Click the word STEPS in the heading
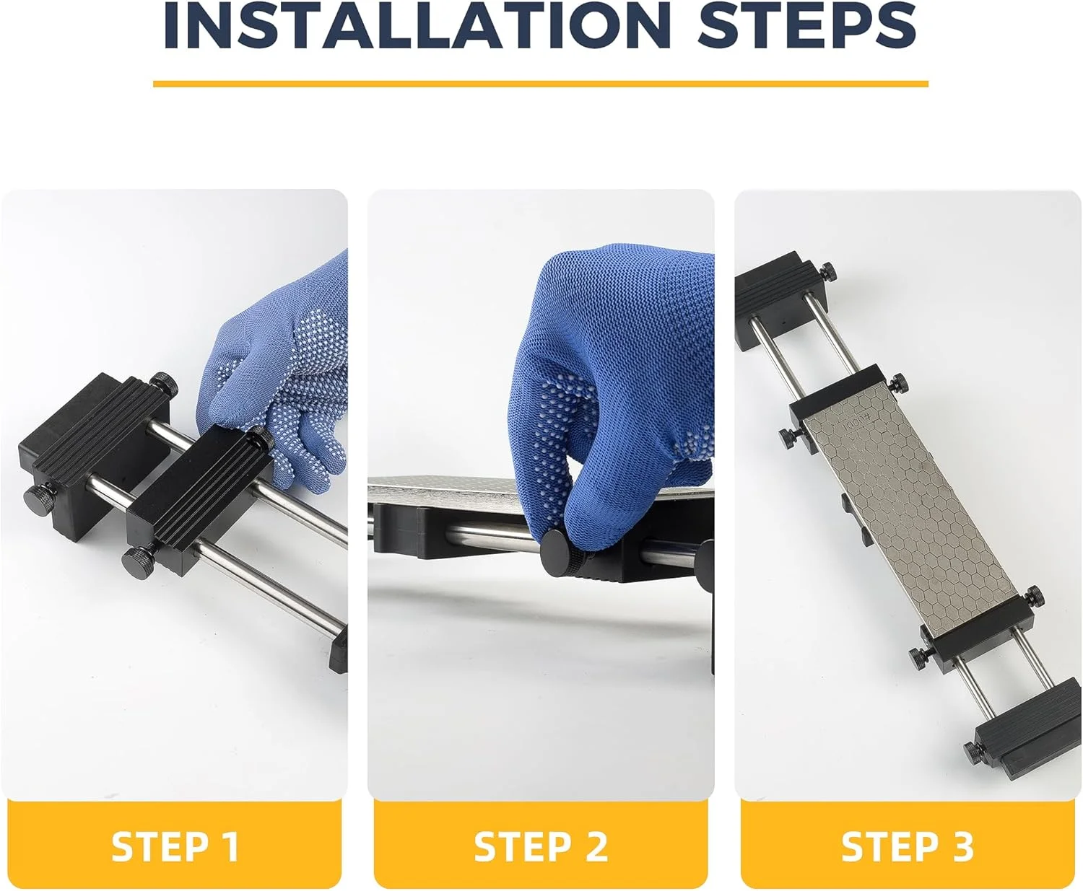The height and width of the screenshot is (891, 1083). point(806,25)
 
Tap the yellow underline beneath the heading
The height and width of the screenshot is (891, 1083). point(540,84)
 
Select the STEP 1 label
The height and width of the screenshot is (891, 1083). point(175,848)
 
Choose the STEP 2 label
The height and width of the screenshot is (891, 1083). point(541,848)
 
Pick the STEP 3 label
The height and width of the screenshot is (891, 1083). point(908,848)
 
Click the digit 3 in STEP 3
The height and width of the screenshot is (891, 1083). point(960,848)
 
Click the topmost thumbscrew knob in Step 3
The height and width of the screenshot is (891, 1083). point(827,271)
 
